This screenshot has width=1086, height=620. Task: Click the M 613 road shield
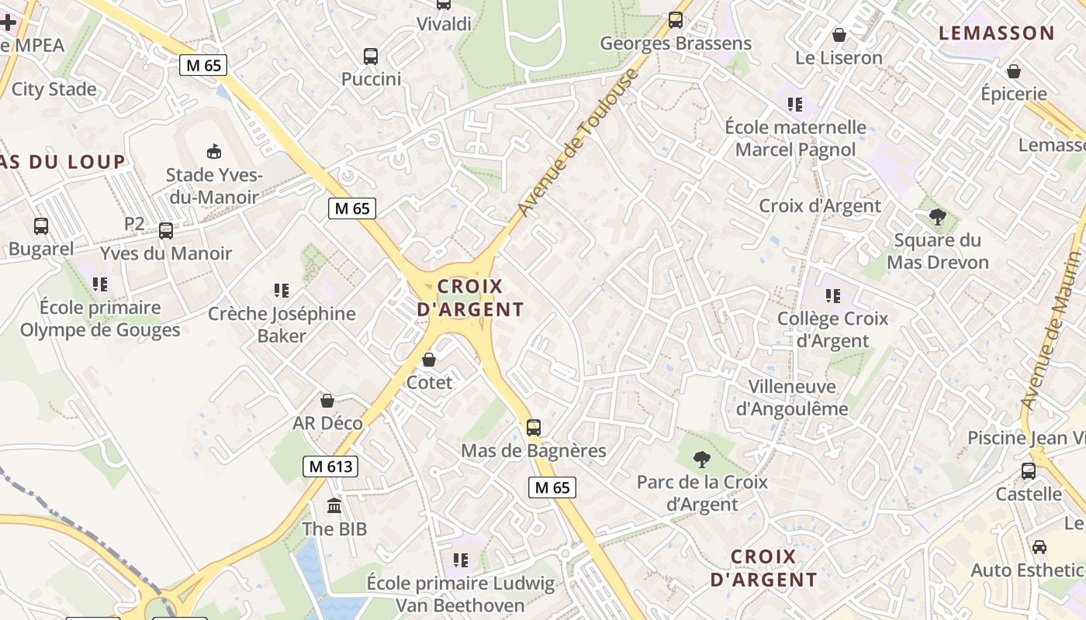[330, 467]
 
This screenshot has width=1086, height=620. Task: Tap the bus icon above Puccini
[371, 56]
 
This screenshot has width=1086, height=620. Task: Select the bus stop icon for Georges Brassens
[676, 20]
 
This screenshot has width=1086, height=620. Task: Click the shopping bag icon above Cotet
[429, 360]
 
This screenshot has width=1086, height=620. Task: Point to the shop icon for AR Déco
[327, 401]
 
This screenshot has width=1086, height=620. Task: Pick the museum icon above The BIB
[334, 506]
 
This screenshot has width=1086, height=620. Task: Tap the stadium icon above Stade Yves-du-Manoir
[213, 151]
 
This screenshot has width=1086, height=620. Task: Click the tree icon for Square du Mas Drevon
[937, 217]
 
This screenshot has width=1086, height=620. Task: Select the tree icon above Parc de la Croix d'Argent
[702, 459]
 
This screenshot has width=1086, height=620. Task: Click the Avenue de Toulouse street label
[579, 143]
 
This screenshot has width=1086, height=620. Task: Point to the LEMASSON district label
[997, 33]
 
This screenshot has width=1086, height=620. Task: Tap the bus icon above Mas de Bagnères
[533, 427]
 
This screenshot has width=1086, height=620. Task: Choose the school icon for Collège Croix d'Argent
[833, 295]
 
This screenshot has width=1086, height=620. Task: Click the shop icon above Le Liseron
[839, 35]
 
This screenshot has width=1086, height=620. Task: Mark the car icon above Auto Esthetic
[1039, 547]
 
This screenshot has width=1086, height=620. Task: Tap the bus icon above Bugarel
[41, 226]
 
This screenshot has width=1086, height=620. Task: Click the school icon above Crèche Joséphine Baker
[282, 291]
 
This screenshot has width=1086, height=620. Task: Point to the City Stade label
[54, 89]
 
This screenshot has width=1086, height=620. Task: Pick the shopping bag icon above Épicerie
[1013, 71]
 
